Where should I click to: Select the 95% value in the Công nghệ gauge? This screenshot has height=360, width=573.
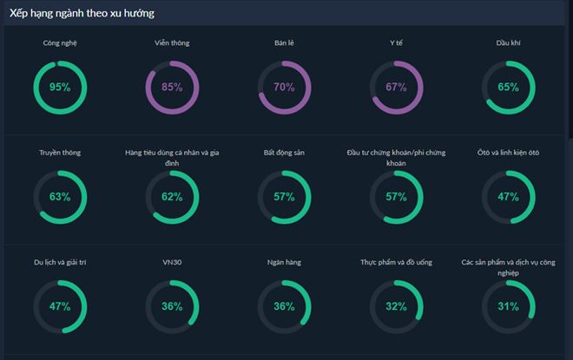[x=60, y=87]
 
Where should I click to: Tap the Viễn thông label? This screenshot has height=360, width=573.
[x=172, y=43]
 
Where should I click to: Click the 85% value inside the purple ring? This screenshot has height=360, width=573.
[x=172, y=87]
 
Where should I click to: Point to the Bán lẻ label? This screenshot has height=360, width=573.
[x=284, y=43]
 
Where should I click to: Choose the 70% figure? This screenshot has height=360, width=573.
[x=284, y=87]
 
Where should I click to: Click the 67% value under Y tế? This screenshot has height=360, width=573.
[x=396, y=87]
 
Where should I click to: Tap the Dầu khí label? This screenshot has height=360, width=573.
[x=508, y=43]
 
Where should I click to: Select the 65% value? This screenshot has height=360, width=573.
[x=508, y=87]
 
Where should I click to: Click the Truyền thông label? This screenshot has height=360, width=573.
[x=60, y=153]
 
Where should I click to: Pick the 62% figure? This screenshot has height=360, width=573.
[x=172, y=197]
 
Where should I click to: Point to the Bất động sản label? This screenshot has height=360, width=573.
[x=284, y=153]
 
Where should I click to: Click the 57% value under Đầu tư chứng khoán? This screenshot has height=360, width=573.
[x=396, y=197]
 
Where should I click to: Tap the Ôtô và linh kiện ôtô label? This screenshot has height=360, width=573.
[x=508, y=153]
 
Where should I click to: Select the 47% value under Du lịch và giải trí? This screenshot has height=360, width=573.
[x=60, y=306]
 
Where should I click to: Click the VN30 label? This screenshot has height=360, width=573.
[x=172, y=262]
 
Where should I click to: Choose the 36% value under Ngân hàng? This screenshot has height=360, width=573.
[x=284, y=306]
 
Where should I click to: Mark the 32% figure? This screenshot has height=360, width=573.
[x=396, y=306]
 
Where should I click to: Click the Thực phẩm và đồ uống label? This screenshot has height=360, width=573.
[x=396, y=262]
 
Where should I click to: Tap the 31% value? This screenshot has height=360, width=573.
[x=508, y=306]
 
